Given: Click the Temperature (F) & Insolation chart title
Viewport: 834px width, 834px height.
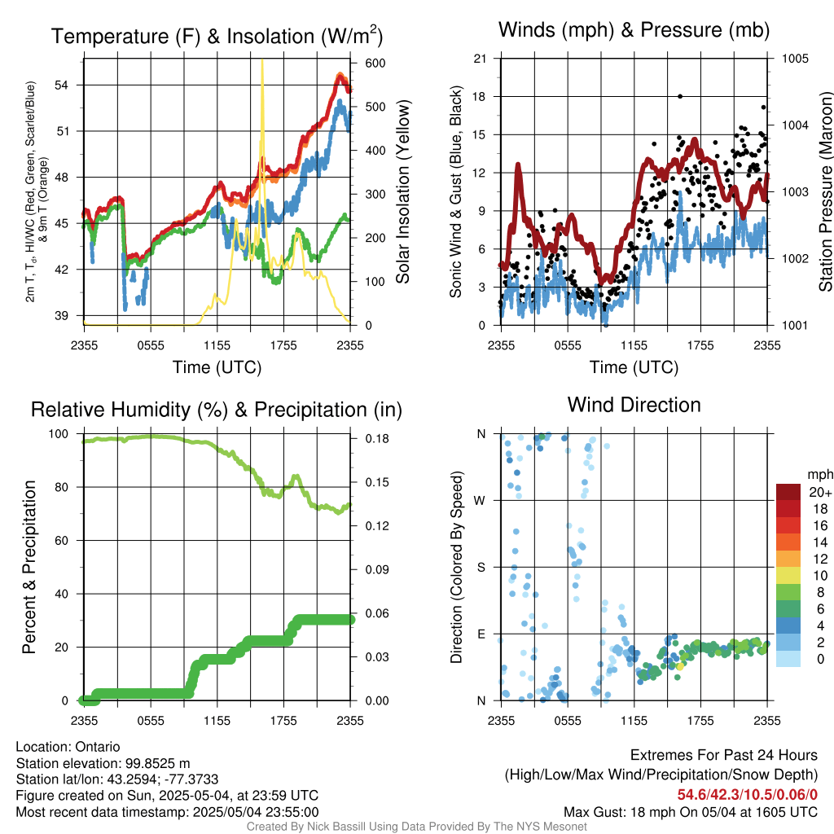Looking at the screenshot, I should (217, 37).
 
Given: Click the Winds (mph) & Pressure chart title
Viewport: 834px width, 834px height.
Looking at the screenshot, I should (634, 31).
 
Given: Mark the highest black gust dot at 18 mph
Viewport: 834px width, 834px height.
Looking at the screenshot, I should (680, 96).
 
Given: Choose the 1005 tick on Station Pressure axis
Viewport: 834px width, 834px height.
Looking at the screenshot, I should (793, 59).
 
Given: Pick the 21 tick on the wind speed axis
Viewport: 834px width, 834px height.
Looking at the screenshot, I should (481, 59).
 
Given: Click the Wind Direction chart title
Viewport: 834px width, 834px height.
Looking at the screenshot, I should (634, 405).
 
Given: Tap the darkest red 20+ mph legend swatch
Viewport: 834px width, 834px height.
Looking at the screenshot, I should (790, 492).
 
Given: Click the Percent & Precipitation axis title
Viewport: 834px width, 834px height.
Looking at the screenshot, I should (29, 567).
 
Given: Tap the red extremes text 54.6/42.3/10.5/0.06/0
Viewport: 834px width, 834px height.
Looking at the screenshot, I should (748, 794).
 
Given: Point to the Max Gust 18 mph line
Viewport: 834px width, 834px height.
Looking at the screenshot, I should (691, 812).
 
